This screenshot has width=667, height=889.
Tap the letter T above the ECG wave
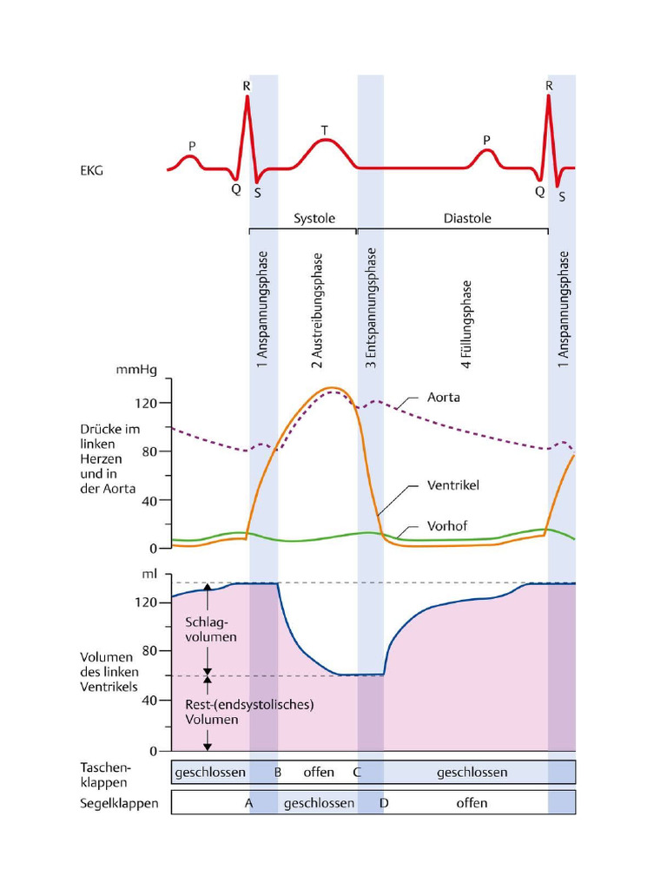325,131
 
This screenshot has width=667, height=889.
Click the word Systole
314,219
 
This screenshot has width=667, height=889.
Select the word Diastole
467,219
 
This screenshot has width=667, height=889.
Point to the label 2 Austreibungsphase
317,310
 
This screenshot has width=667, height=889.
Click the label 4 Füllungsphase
467,325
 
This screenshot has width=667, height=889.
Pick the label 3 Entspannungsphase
371,308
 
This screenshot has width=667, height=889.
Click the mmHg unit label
136,370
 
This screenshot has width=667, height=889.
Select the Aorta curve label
443,398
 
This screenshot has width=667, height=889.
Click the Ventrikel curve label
453,485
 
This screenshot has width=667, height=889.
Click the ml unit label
149,574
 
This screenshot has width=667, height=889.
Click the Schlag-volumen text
211,629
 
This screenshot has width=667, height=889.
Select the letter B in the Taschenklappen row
278,772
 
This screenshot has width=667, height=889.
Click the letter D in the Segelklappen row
384,803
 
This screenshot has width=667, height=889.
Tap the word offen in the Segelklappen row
472,803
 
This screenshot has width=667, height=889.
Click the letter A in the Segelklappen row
248,803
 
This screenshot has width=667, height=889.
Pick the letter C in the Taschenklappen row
356,772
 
